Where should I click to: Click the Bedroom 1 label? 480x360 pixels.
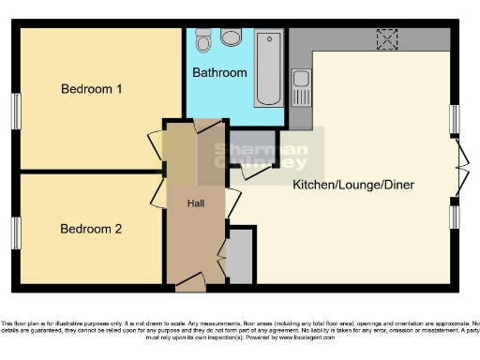pos(92,89)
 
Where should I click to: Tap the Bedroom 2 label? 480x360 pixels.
pos(92,228)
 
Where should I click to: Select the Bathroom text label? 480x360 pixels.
pos(220,72)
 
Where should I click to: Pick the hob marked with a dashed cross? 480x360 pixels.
pos(386,38)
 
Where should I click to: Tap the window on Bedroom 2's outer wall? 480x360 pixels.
pos(16,232)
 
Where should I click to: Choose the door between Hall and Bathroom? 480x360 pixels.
pos(204,125)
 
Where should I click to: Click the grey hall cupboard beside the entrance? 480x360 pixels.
pos(240,256)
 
